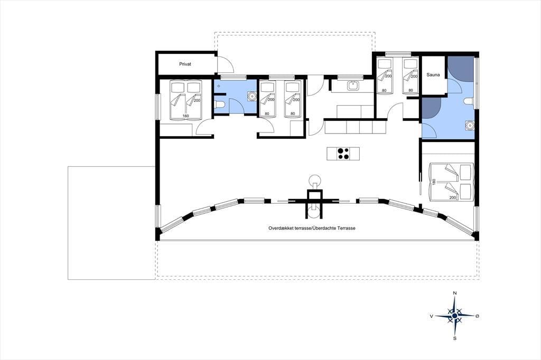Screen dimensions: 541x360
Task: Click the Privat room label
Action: (x=185, y=64)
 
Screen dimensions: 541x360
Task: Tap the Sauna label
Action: (x=433, y=74)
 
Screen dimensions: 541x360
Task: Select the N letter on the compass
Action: (x=455, y=293)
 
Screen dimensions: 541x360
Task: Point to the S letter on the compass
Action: (x=455, y=338)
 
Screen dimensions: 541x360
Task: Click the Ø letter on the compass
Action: (x=477, y=316)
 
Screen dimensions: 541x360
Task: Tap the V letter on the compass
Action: (x=431, y=316)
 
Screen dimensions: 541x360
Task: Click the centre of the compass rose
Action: (x=455, y=316)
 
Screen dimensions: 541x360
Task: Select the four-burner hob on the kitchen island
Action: (x=343, y=154)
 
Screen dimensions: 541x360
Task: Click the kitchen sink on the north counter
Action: (x=353, y=85)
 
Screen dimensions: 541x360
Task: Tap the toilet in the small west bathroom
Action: (x=220, y=104)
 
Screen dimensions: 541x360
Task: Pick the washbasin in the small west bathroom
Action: (x=252, y=96)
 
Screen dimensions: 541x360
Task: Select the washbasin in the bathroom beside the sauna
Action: (x=470, y=126)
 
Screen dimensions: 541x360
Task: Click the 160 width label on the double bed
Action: (x=185, y=116)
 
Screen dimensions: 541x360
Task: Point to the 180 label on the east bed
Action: (x=434, y=182)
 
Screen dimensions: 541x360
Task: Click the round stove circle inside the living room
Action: (x=315, y=180)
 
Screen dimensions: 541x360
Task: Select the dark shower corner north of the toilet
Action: (x=461, y=68)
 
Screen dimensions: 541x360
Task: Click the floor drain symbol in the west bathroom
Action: (x=218, y=86)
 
